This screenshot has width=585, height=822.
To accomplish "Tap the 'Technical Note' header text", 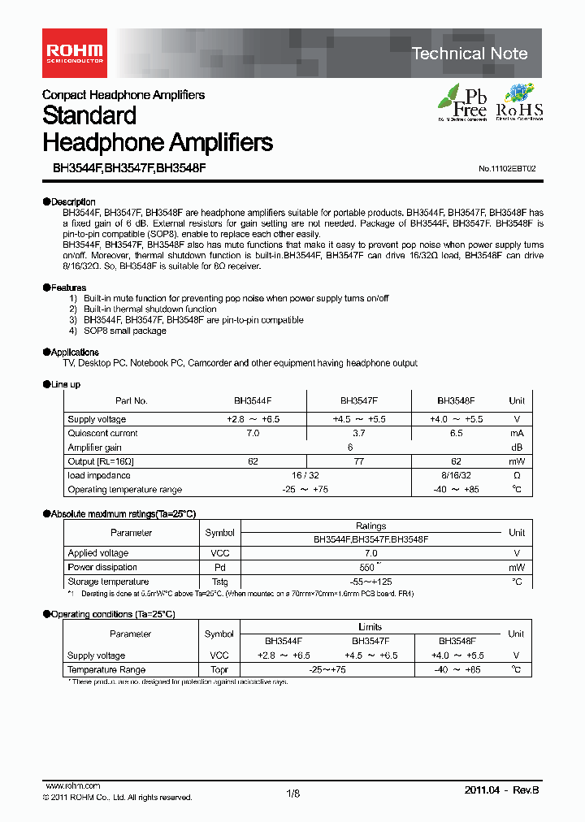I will tap(470, 54).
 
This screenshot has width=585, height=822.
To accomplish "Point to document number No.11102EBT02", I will tap(507, 169).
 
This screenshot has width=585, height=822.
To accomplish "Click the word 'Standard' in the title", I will tap(89, 116).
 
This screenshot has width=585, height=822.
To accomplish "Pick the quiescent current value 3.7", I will tap(358, 433).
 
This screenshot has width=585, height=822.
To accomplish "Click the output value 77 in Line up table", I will tap(358, 461).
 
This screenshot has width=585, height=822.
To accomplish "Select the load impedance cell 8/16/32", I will tap(456, 475).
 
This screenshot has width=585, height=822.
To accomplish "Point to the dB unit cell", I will tap(516, 448).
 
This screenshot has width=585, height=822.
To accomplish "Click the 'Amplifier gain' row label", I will tap(94, 448).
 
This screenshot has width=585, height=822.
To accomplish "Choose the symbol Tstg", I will tap(219, 582).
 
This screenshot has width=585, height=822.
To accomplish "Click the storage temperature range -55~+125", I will tap(370, 582).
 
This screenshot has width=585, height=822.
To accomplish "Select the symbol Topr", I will tap(219, 670).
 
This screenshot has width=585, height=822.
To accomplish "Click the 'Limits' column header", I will tap(370, 627).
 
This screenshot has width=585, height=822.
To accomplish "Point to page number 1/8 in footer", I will tap(293, 794).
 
